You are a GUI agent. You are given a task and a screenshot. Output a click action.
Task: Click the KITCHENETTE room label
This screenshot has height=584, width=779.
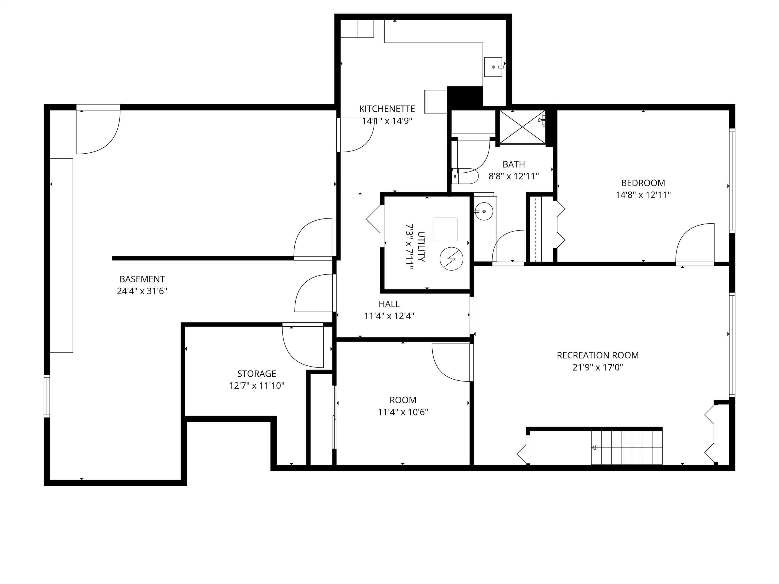tap(387, 109)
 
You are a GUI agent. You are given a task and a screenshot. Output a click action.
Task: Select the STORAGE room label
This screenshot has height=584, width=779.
tap(256, 374)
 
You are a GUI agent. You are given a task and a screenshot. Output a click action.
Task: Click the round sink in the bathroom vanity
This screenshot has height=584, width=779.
tap(484, 211)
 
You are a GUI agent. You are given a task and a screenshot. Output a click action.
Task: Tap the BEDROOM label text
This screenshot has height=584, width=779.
tap(643, 183)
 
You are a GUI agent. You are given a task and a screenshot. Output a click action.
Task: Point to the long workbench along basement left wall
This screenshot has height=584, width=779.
tap(61, 255)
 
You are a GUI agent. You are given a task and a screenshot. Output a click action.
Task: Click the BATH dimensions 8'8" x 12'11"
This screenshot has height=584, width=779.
tap(514, 176)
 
